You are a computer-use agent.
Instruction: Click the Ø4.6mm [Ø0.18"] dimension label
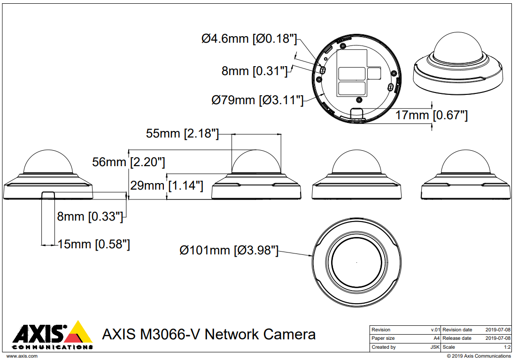tap(249, 38)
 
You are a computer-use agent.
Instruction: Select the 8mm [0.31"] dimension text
tap(255, 71)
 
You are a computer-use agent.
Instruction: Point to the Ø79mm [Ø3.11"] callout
tap(257, 100)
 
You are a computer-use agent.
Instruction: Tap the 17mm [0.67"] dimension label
tap(432, 115)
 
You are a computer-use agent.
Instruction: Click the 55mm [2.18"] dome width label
tap(182, 133)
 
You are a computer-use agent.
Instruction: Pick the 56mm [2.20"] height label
tap(129, 162)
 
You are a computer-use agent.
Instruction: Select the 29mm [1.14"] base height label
tap(167, 185)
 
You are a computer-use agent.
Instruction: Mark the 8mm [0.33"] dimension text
tap(90, 216)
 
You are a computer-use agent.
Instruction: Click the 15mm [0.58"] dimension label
tap(94, 245)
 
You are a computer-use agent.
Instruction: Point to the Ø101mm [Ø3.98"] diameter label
tap(229, 250)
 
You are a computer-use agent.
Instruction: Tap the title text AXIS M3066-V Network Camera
tap(209, 334)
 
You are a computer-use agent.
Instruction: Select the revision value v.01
tap(435, 329)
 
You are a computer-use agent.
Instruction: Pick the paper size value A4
tap(437, 338)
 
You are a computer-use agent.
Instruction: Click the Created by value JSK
tap(435, 347)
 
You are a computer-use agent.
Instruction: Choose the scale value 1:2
tap(507, 347)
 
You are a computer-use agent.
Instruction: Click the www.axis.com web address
tap(22, 356)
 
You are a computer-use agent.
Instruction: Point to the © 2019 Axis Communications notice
tap(479, 356)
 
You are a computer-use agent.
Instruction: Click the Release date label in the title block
tap(457, 338)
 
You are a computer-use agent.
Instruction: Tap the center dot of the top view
tap(356, 262)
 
